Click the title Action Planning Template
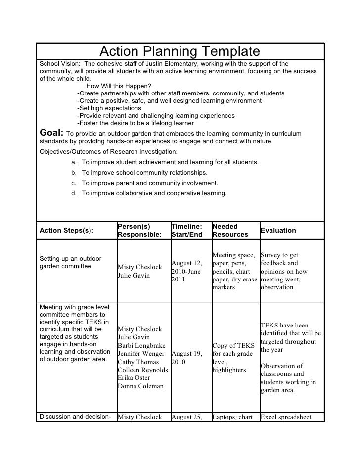pyautogui.click(x=180, y=51)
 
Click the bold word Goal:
pyautogui.click(x=51, y=133)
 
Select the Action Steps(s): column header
pyautogui.click(x=66, y=231)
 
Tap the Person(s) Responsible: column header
pyautogui.click(x=140, y=230)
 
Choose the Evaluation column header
pyautogui.click(x=278, y=230)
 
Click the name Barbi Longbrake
pyautogui.click(x=141, y=345)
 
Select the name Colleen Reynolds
pyautogui.click(x=143, y=370)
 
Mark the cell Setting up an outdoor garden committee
pyautogui.click(x=71, y=262)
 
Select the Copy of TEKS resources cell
pyautogui.click(x=232, y=358)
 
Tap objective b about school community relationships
pyautogui.click(x=144, y=173)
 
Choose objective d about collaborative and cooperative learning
pyautogui.click(x=154, y=193)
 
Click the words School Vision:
pyautogui.click(x=60, y=64)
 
